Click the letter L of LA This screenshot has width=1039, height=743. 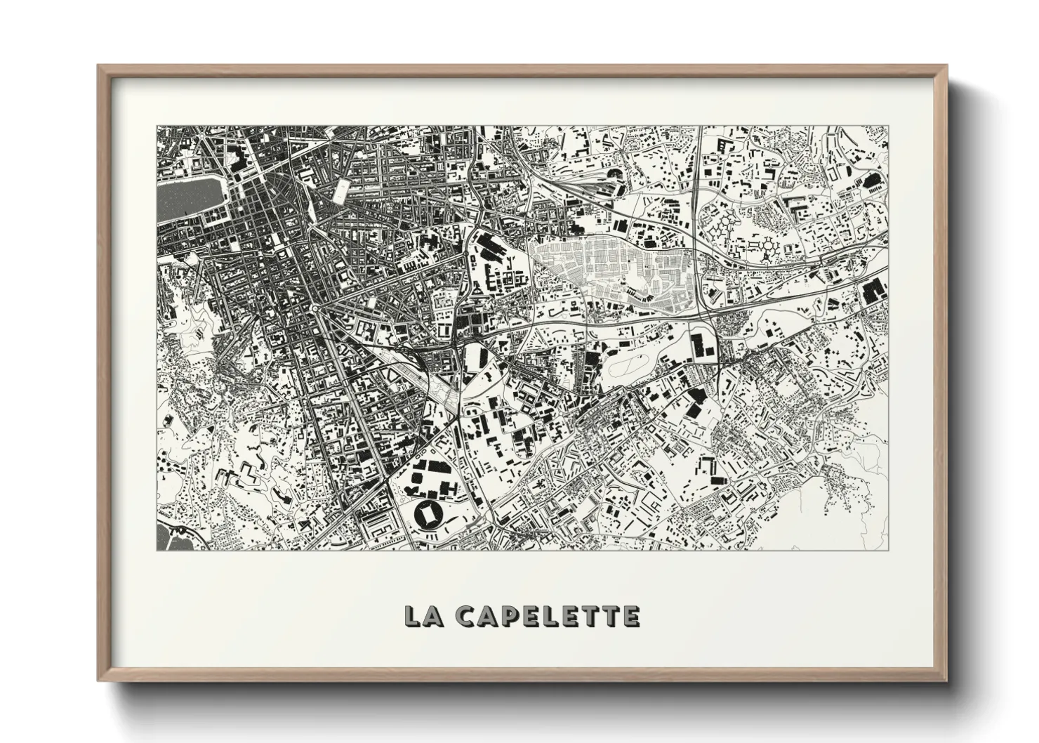pos(413,616)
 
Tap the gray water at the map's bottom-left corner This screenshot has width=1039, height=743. pos(168,537)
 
